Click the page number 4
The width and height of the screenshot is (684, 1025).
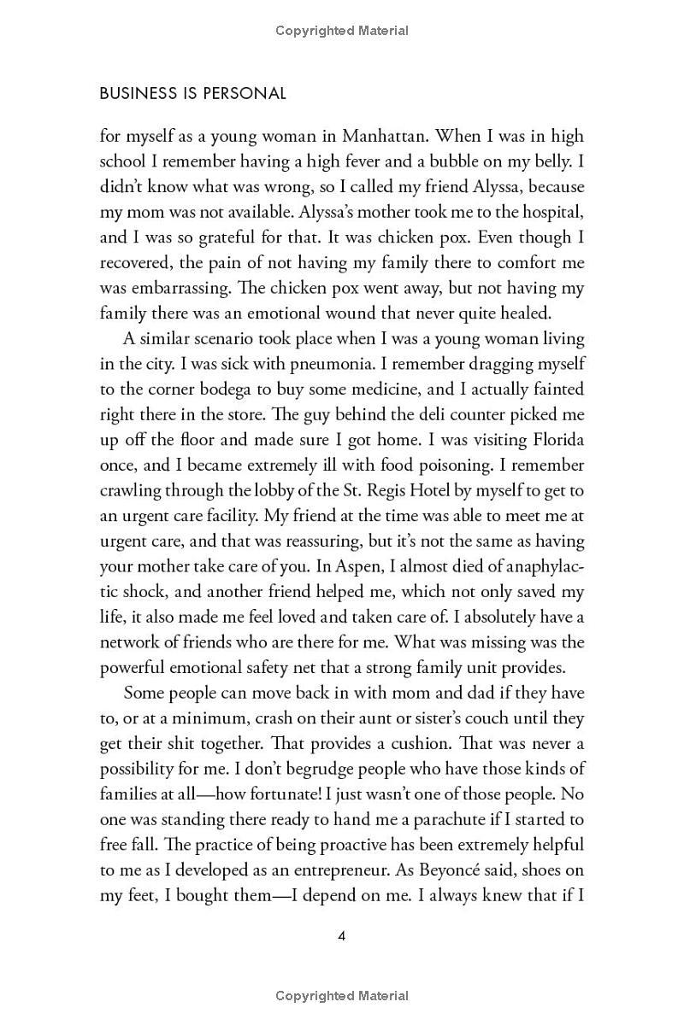coord(342,936)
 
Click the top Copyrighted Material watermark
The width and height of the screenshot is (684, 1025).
coord(342,31)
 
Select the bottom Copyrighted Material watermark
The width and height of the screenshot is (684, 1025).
coord(342,996)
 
